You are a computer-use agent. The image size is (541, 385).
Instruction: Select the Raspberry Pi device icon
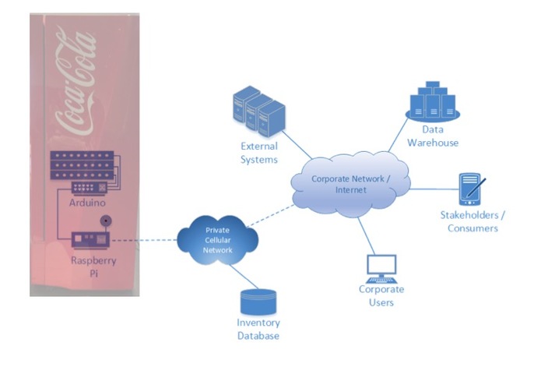tap(92, 240)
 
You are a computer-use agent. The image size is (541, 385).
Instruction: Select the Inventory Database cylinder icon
tap(258, 302)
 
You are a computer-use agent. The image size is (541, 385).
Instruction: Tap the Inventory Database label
tap(258, 329)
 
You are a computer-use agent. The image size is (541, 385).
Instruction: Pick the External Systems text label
tap(258, 153)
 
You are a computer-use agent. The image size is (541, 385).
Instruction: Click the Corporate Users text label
tap(381, 295)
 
